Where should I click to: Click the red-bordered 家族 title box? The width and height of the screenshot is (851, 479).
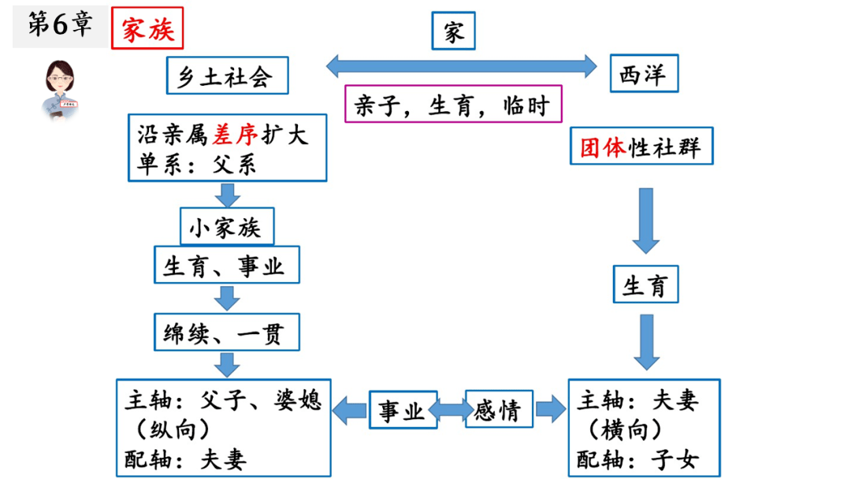click(147, 29)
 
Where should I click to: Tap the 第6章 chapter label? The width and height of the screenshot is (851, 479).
click(60, 25)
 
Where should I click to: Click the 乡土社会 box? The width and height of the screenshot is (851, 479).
click(227, 76)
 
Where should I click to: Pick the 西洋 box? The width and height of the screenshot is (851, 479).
click(644, 76)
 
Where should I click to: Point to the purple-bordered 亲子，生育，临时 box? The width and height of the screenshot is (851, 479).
click(452, 104)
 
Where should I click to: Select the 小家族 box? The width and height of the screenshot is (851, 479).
click(227, 228)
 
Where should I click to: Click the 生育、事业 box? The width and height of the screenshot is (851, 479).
click(227, 265)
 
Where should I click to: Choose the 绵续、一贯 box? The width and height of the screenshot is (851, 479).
click(227, 333)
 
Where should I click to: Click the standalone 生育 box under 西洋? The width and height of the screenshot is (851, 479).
click(645, 285)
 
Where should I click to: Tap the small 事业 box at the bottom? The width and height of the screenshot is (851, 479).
click(403, 410)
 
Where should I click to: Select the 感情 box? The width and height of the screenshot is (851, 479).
click(498, 410)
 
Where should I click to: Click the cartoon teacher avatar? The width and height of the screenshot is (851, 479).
click(60, 87)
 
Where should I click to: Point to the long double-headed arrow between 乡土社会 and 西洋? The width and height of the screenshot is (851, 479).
click(462, 65)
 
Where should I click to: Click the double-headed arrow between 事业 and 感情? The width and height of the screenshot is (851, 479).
click(450, 410)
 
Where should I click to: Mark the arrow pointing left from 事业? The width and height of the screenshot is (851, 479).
click(350, 410)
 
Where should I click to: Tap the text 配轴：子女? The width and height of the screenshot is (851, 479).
click(637, 459)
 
